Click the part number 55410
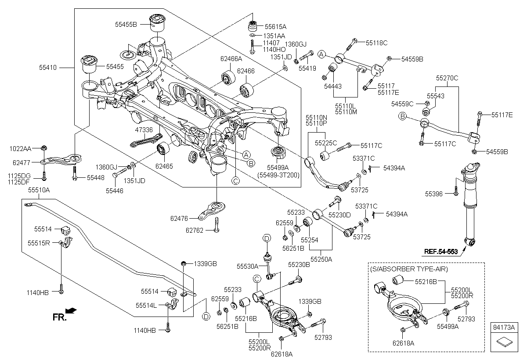48,68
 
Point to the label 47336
144,130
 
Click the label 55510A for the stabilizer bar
39,191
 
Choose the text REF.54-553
441,252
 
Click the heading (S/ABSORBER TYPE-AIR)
409,268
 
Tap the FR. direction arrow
71,311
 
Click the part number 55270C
447,78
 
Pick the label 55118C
377,43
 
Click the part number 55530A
248,266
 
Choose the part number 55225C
326,143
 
